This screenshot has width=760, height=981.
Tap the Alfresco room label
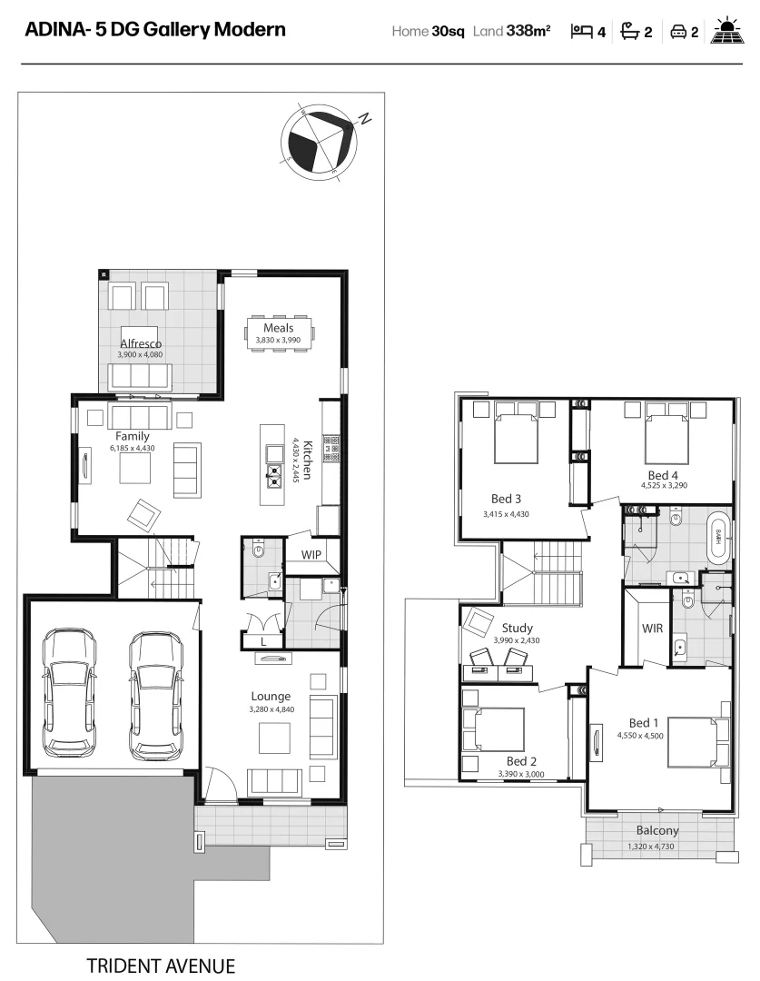(x=141, y=343)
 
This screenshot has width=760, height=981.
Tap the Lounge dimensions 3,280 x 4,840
(x=271, y=709)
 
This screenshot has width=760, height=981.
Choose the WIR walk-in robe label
(x=651, y=627)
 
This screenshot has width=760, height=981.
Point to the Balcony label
(x=656, y=830)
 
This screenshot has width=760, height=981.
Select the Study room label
(x=517, y=628)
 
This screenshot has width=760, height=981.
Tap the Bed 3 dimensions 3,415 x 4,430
(x=506, y=514)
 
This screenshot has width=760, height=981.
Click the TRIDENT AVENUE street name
(x=161, y=965)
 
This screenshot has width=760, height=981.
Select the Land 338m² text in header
(x=512, y=32)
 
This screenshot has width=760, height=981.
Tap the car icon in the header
(x=677, y=32)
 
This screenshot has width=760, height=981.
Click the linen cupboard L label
(x=263, y=642)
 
